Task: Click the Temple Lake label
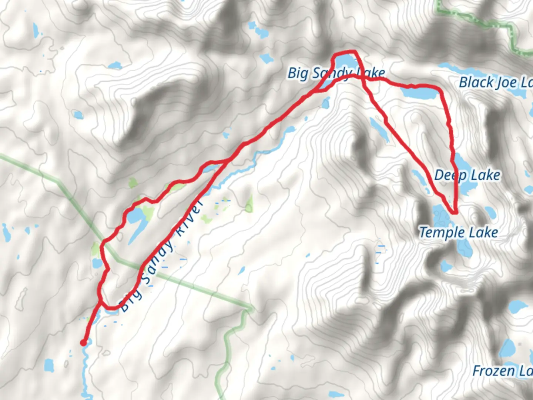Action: [458, 233]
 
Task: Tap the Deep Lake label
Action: [467, 175]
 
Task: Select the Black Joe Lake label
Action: [495, 82]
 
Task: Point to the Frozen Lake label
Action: [502, 371]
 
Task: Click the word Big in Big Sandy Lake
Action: [298, 73]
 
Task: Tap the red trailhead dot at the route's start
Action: [84, 343]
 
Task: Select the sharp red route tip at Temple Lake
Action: [455, 213]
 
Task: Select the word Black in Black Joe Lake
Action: [476, 82]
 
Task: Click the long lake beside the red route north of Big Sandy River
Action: [137, 222]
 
